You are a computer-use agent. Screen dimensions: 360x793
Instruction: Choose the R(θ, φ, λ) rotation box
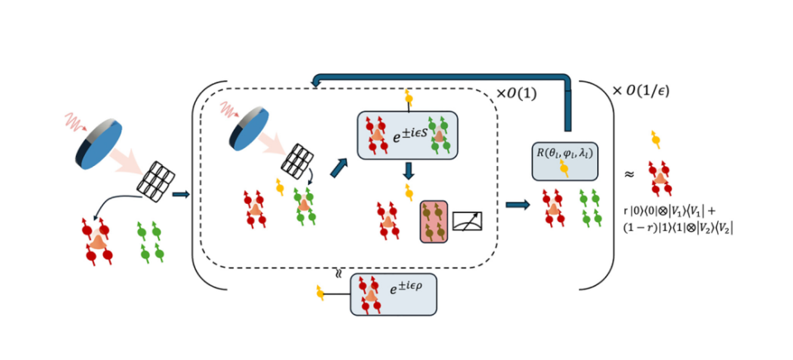(x=564, y=156)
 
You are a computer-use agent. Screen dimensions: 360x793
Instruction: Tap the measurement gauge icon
(x=466, y=221)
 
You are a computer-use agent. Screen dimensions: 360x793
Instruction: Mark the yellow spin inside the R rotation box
(x=565, y=168)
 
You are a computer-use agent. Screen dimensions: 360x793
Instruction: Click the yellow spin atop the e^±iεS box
(x=407, y=101)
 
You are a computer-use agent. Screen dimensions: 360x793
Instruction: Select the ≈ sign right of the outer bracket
(x=629, y=174)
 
